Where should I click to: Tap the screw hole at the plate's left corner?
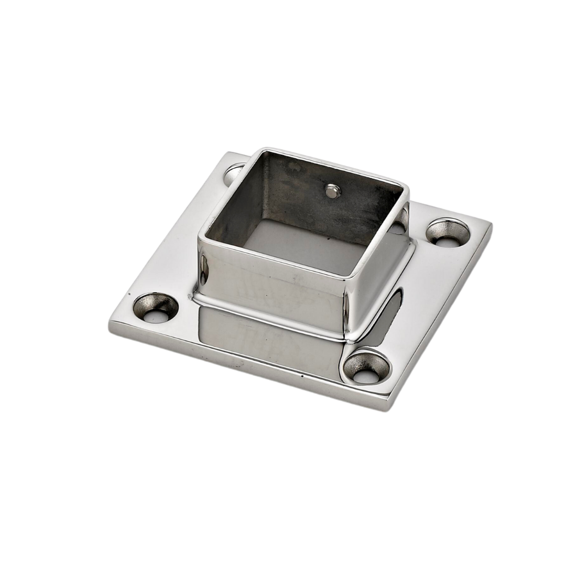pos(156,308)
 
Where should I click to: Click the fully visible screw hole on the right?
pos(447,232)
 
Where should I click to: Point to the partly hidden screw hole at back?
pos(234,173)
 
